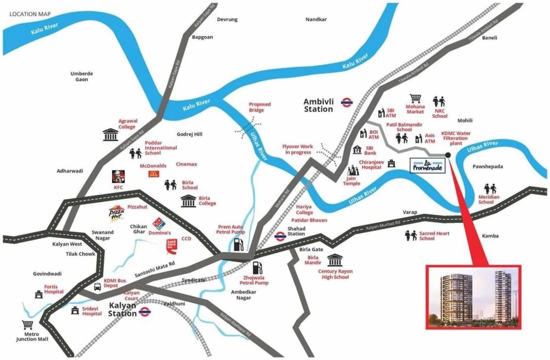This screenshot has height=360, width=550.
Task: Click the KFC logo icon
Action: [x=118, y=176]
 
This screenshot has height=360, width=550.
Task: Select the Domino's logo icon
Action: [x=157, y=224]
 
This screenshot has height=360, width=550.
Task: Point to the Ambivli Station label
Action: [x=319, y=105]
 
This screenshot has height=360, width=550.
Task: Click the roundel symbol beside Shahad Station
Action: [x=280, y=236]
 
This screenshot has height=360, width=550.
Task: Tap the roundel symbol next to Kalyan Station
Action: [x=145, y=311]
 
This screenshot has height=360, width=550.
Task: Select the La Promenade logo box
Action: [x=426, y=165]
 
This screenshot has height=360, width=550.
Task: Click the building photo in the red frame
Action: [x=473, y=296]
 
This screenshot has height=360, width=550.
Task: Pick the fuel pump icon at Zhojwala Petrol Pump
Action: [x=258, y=267]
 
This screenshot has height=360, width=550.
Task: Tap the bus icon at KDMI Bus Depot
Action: [x=97, y=286]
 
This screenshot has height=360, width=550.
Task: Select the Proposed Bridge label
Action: [x=259, y=107]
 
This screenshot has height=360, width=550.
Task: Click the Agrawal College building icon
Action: [x=110, y=134]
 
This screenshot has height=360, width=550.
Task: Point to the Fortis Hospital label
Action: [x=54, y=289]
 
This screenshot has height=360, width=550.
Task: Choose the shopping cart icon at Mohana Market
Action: [x=416, y=98]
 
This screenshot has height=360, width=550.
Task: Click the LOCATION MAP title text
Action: [x=30, y=14]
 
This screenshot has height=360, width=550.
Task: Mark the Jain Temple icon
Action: [x=352, y=170]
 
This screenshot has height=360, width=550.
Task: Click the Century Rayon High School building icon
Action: [x=334, y=261]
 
